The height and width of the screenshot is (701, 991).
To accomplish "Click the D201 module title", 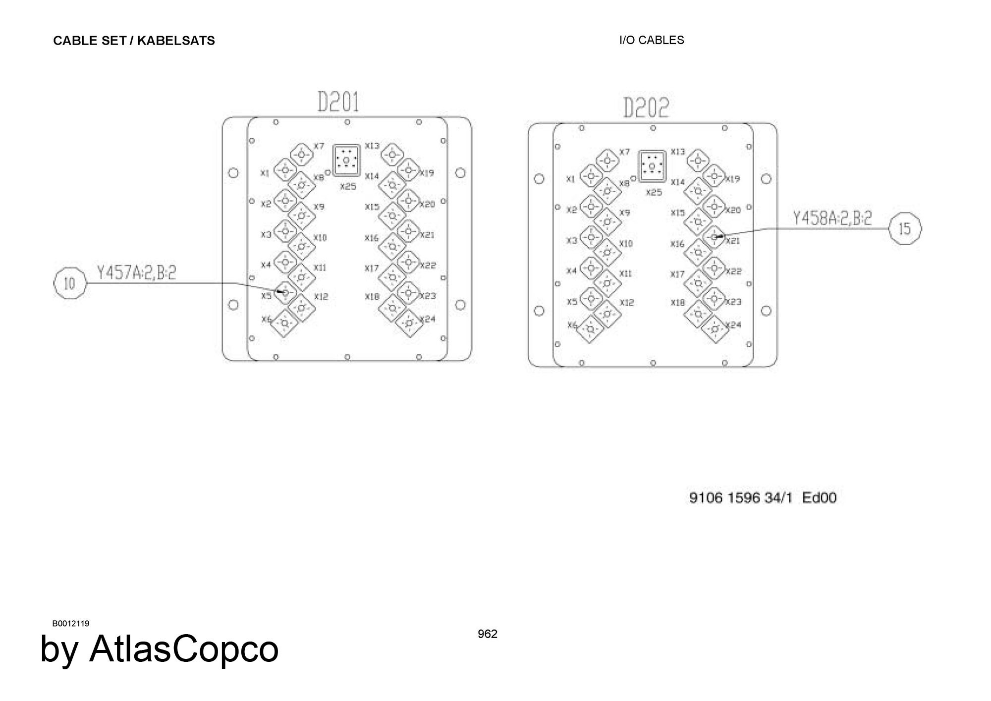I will pyautogui.click(x=338, y=103).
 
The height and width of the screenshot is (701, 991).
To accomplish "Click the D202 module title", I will pyautogui.click(x=646, y=108).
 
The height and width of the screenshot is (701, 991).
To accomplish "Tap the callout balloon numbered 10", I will pyautogui.click(x=70, y=283).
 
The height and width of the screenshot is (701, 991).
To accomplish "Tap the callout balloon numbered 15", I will pyautogui.click(x=905, y=228).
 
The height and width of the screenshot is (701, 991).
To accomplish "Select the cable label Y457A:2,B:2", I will pyautogui.click(x=136, y=273).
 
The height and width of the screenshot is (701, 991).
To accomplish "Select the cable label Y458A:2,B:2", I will pyautogui.click(x=832, y=218).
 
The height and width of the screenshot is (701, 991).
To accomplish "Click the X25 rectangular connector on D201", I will pyautogui.click(x=346, y=160).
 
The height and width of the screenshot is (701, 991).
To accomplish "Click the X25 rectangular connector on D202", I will pyautogui.click(x=652, y=166).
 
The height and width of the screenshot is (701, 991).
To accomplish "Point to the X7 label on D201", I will pyautogui.click(x=319, y=146).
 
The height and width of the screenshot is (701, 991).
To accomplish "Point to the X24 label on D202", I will pyautogui.click(x=734, y=325).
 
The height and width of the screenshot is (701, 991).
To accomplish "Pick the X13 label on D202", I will pyautogui.click(x=678, y=152).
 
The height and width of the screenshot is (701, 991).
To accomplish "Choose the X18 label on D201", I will pyautogui.click(x=372, y=297).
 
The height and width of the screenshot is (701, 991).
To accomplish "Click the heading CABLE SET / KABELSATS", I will pyautogui.click(x=134, y=41).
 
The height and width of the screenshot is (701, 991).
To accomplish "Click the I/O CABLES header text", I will pyautogui.click(x=652, y=40).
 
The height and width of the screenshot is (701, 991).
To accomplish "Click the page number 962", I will pyautogui.click(x=488, y=634).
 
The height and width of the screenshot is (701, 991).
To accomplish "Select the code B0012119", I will pyautogui.click(x=71, y=623).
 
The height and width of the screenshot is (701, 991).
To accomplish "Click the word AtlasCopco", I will pyautogui.click(x=184, y=648).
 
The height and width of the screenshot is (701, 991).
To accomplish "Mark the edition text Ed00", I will pyautogui.click(x=820, y=497).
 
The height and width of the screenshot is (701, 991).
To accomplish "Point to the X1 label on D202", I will pyautogui.click(x=570, y=179).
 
